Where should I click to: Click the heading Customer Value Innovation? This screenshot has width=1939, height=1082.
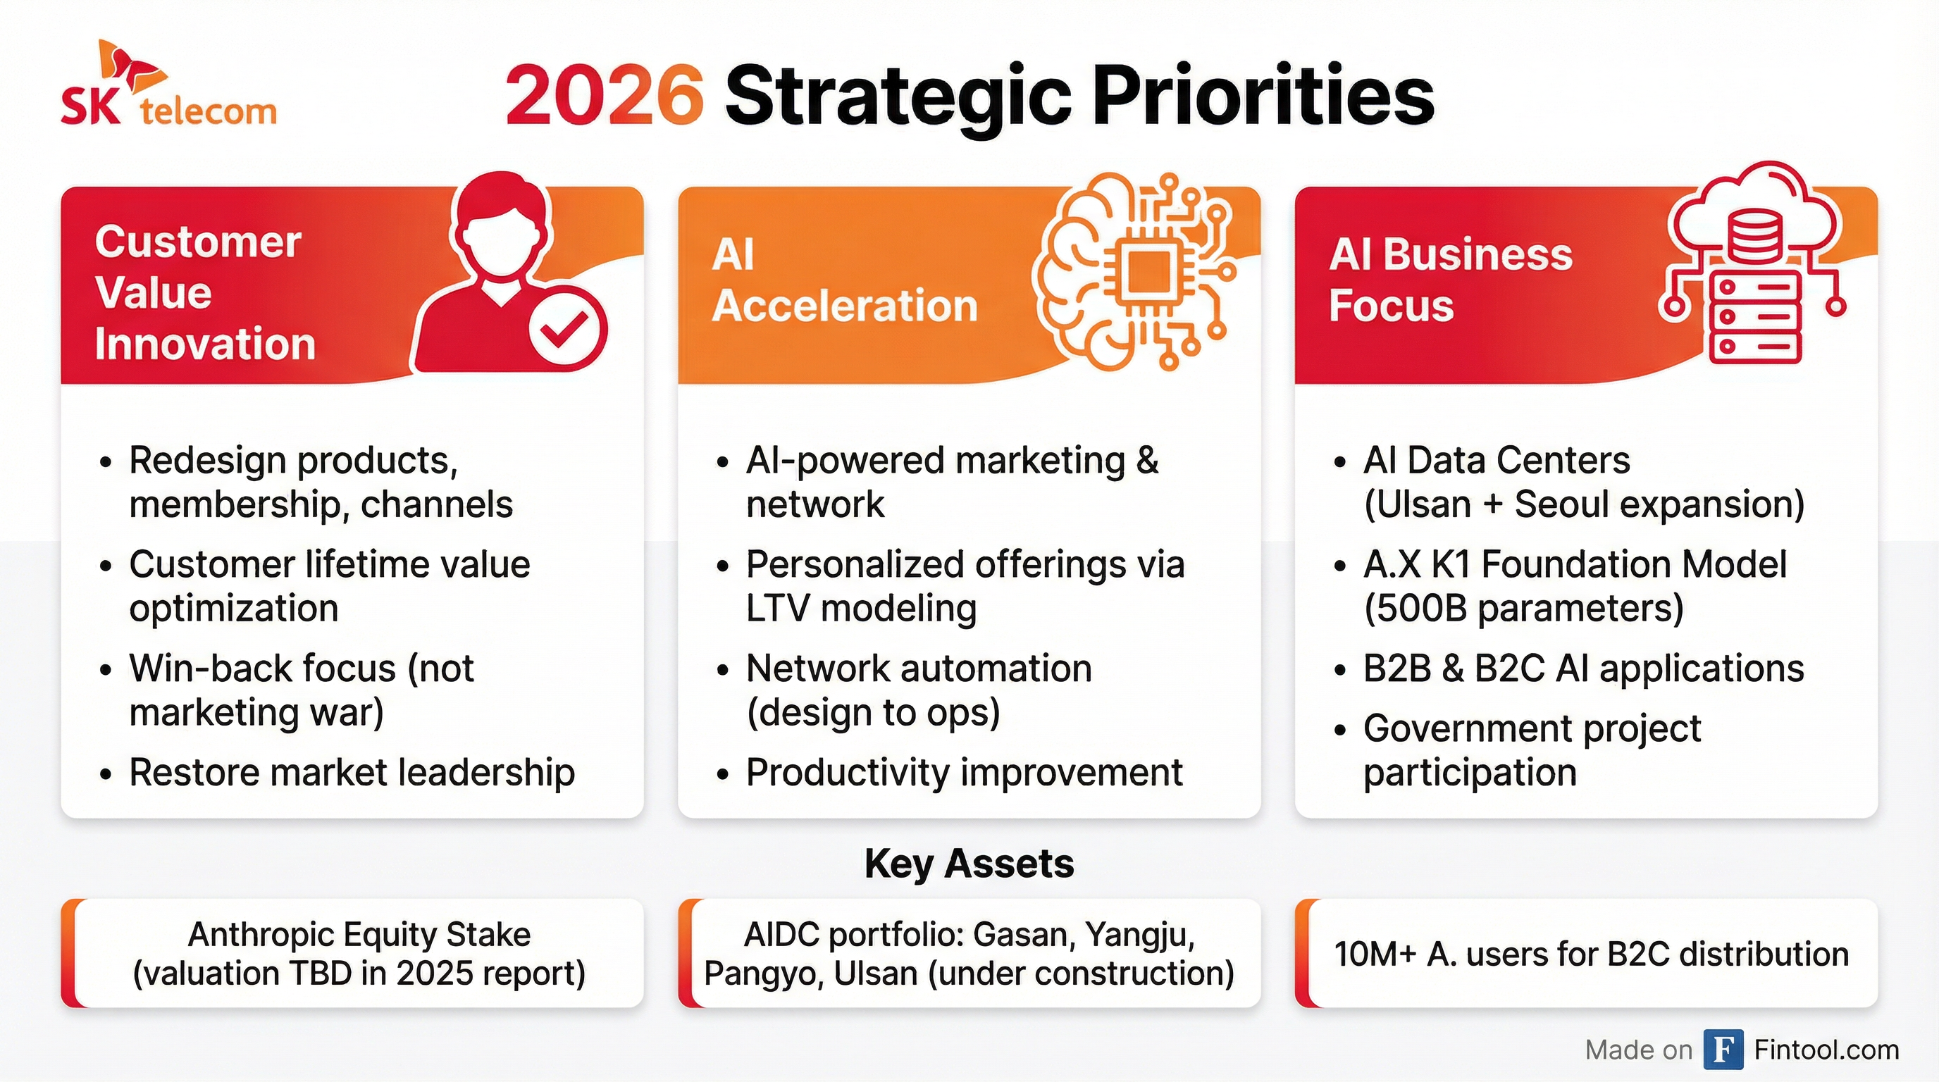click(x=203, y=293)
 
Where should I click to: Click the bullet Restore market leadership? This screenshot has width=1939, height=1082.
click(x=352, y=773)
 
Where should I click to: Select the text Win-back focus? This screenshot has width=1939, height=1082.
click(x=262, y=669)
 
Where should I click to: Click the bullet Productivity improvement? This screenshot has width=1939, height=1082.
click(x=963, y=773)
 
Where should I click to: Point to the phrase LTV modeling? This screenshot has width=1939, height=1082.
click(x=860, y=609)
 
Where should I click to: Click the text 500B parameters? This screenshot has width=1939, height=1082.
click(x=1523, y=609)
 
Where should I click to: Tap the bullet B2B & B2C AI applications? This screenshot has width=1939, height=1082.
click(x=1582, y=669)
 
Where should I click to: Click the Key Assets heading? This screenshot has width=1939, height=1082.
click(x=969, y=864)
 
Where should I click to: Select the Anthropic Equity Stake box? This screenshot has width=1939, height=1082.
click(x=359, y=953)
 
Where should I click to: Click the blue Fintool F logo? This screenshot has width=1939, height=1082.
click(x=1722, y=1050)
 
